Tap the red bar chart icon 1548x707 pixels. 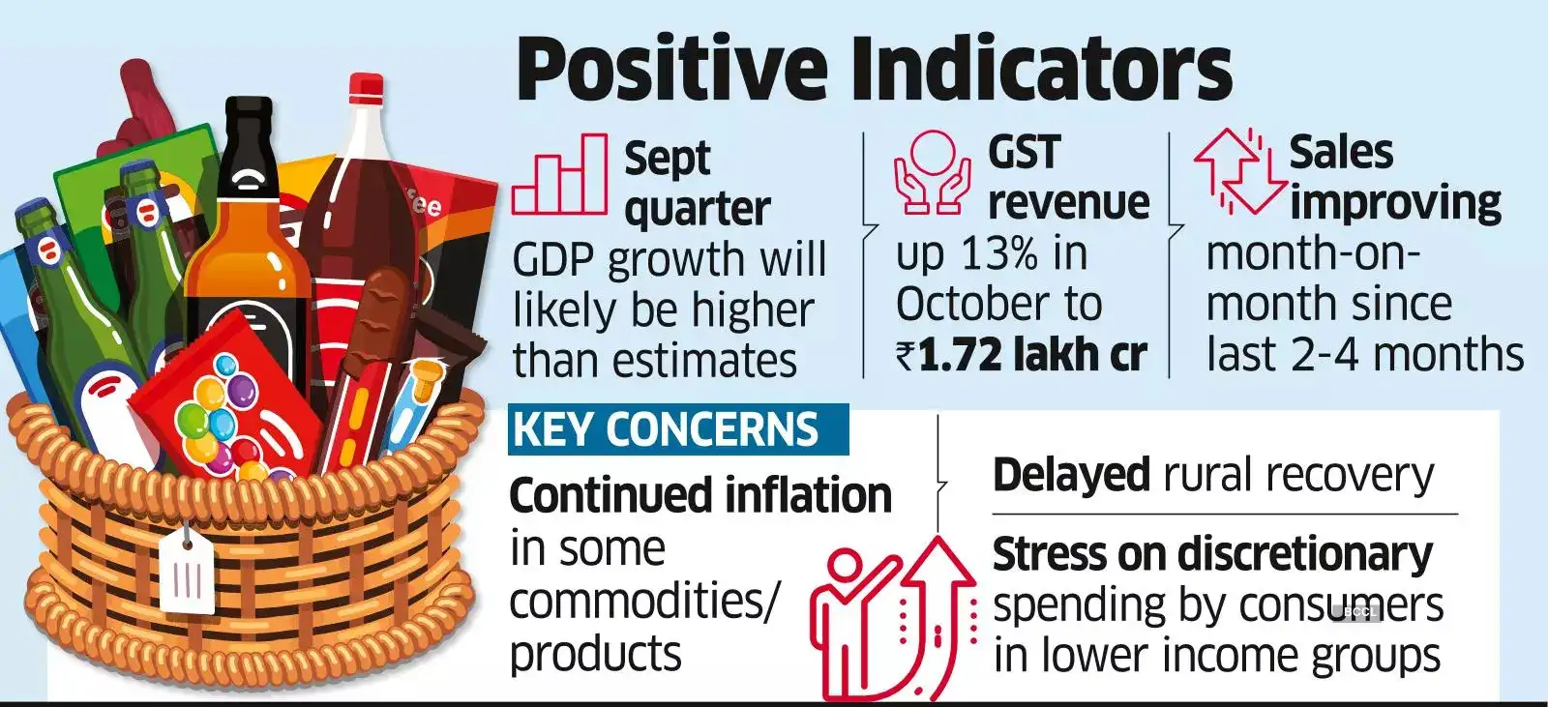pyautogui.click(x=559, y=175)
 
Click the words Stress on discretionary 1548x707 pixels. pyautogui.click(x=1212, y=555)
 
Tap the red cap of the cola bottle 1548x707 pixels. pyautogui.click(x=366, y=87)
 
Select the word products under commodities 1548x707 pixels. pyautogui.click(x=595, y=654)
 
